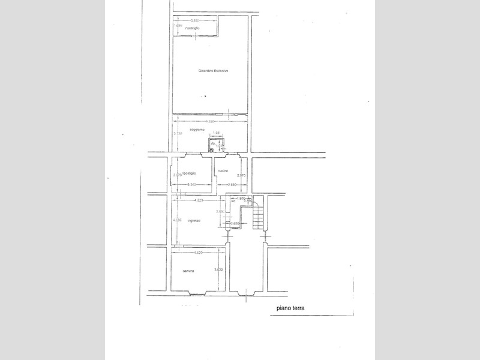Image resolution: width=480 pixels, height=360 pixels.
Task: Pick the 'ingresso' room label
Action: click(x=193, y=221)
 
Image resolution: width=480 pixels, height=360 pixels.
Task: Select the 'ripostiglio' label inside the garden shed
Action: click(x=193, y=28)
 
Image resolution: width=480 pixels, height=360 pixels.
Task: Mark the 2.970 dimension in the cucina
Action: click(x=241, y=175)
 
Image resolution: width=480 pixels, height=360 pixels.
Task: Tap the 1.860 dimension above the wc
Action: click(x=241, y=197)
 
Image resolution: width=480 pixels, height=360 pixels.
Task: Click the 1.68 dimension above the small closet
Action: click(x=217, y=133)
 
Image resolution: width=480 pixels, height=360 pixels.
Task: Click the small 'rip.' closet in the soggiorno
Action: click(x=213, y=144)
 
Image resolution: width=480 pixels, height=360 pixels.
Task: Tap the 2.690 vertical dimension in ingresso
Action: click(x=220, y=212)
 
